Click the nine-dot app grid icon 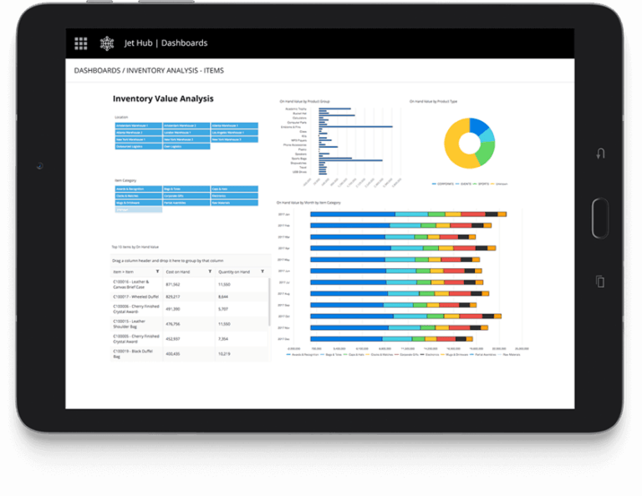click(x=81, y=43)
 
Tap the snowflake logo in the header click(x=106, y=43)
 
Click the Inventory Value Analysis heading click(x=163, y=99)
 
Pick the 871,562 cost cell click(x=174, y=285)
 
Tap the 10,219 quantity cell click(x=224, y=353)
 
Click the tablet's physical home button click(x=600, y=217)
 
